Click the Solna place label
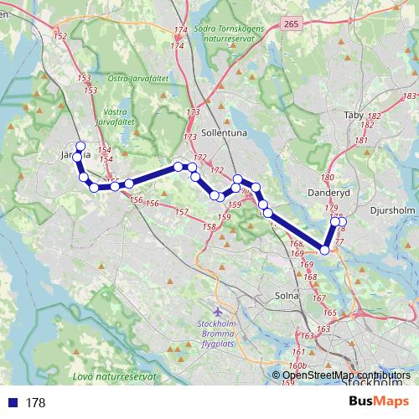pos(287,296)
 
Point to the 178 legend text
pos(35,402)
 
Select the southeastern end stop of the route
pos(325,249)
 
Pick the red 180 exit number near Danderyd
pos(327,178)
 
